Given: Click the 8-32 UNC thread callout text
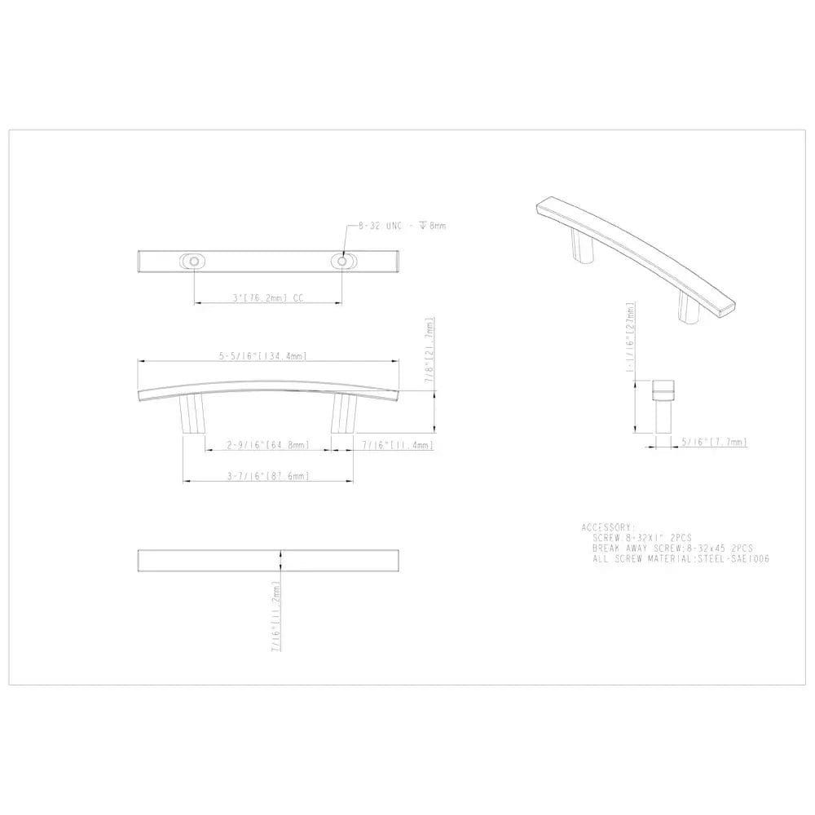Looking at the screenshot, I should [x=402, y=225].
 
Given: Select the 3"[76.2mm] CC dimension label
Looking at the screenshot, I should [x=267, y=299].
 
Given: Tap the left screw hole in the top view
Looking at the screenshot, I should [x=193, y=261].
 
